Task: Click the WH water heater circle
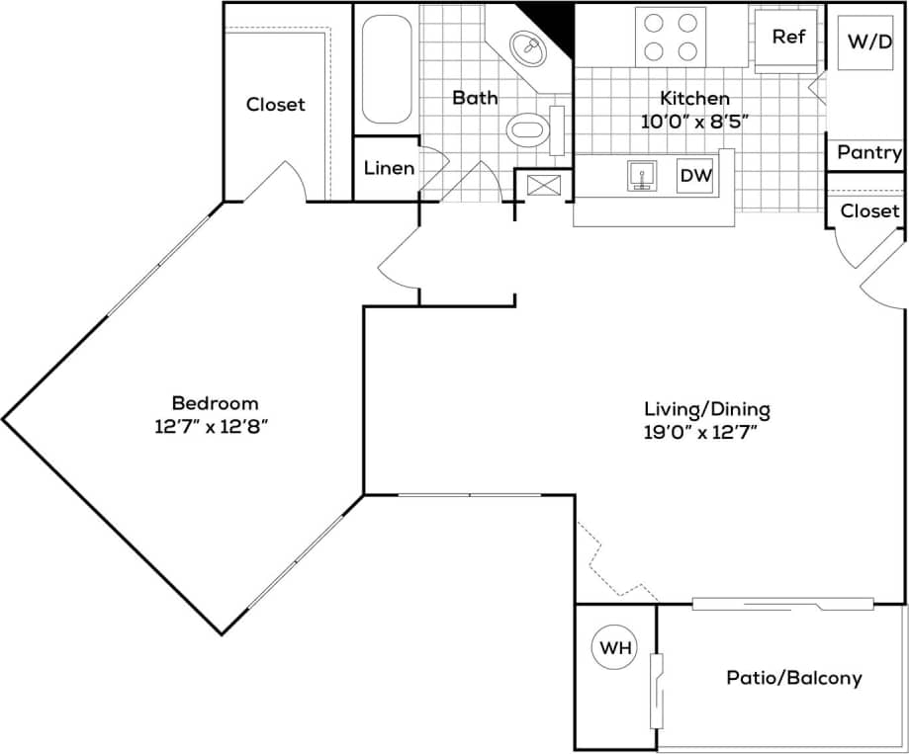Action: (613, 649)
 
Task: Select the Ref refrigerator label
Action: (788, 37)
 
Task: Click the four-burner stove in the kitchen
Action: (670, 36)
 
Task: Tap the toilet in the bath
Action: (528, 128)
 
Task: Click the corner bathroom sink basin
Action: (529, 45)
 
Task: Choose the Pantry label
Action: (868, 152)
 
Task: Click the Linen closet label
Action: (389, 168)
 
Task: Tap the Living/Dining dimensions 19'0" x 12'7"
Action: (706, 431)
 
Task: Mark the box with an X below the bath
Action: (544, 184)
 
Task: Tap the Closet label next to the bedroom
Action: (276, 104)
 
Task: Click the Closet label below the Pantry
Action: (869, 210)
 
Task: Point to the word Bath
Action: (475, 98)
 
